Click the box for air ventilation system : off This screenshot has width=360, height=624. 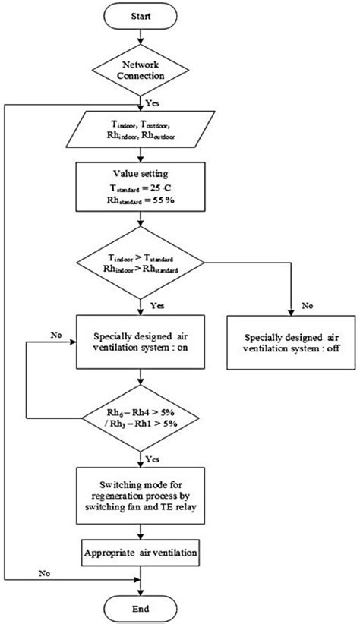click(292, 342)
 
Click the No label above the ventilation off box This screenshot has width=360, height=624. click(308, 307)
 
